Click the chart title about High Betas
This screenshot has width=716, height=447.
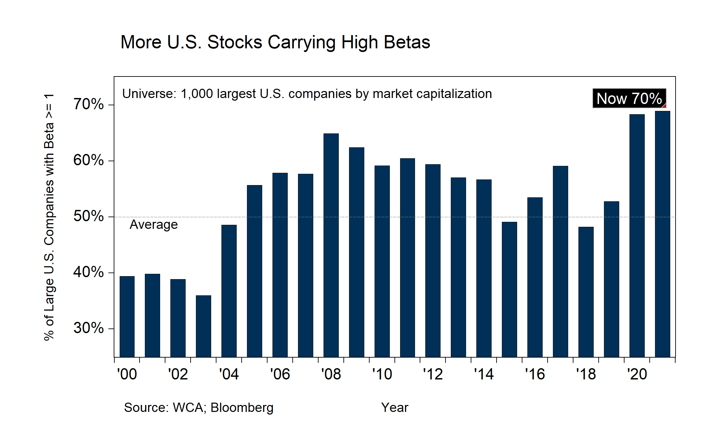click(275, 42)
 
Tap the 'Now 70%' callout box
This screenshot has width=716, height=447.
click(629, 98)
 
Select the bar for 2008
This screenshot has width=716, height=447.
click(331, 245)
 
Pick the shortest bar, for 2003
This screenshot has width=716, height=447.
click(203, 326)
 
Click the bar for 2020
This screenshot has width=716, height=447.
click(637, 235)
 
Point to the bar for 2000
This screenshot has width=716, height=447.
click(127, 317)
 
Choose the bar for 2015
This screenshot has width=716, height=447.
click(509, 289)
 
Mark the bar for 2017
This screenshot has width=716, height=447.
click(560, 261)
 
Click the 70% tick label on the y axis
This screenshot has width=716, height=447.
click(89, 104)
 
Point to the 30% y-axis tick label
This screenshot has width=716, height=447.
click(89, 328)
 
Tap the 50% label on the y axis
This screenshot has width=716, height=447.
click(89, 216)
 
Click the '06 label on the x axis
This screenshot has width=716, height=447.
click(280, 374)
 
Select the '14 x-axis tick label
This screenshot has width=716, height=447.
click(484, 374)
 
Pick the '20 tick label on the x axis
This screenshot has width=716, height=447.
click(637, 374)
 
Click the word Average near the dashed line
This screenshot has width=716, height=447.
click(153, 225)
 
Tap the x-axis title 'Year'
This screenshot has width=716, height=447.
click(394, 408)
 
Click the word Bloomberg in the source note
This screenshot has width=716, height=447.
click(242, 408)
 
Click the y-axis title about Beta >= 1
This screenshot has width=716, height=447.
click(49, 217)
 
